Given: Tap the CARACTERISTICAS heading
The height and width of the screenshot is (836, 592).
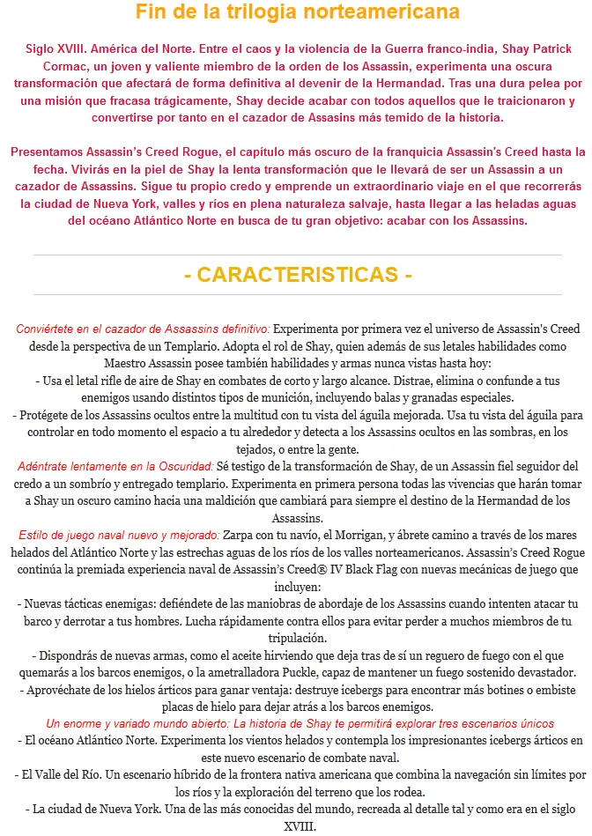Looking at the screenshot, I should (x=298, y=275).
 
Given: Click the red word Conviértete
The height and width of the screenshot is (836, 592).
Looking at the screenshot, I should (x=48, y=329).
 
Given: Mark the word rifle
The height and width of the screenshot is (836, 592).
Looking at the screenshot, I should (x=108, y=381).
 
